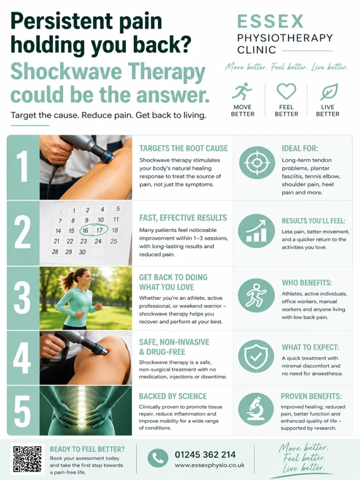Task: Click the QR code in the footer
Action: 27,458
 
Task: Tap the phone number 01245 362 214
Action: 205,455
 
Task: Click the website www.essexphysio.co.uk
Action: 210,465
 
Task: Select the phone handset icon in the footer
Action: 158,458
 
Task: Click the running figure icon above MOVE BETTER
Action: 242,91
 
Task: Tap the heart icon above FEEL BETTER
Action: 286,91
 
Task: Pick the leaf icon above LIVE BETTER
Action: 329,91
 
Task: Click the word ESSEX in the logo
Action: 270,22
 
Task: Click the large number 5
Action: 22,411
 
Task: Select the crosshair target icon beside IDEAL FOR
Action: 257,163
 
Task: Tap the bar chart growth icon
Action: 256,231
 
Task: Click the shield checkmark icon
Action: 256,356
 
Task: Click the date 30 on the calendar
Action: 82,252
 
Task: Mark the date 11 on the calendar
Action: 116,219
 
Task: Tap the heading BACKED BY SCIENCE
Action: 172,396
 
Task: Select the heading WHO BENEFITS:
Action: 307,283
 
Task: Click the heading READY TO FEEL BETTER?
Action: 87,449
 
